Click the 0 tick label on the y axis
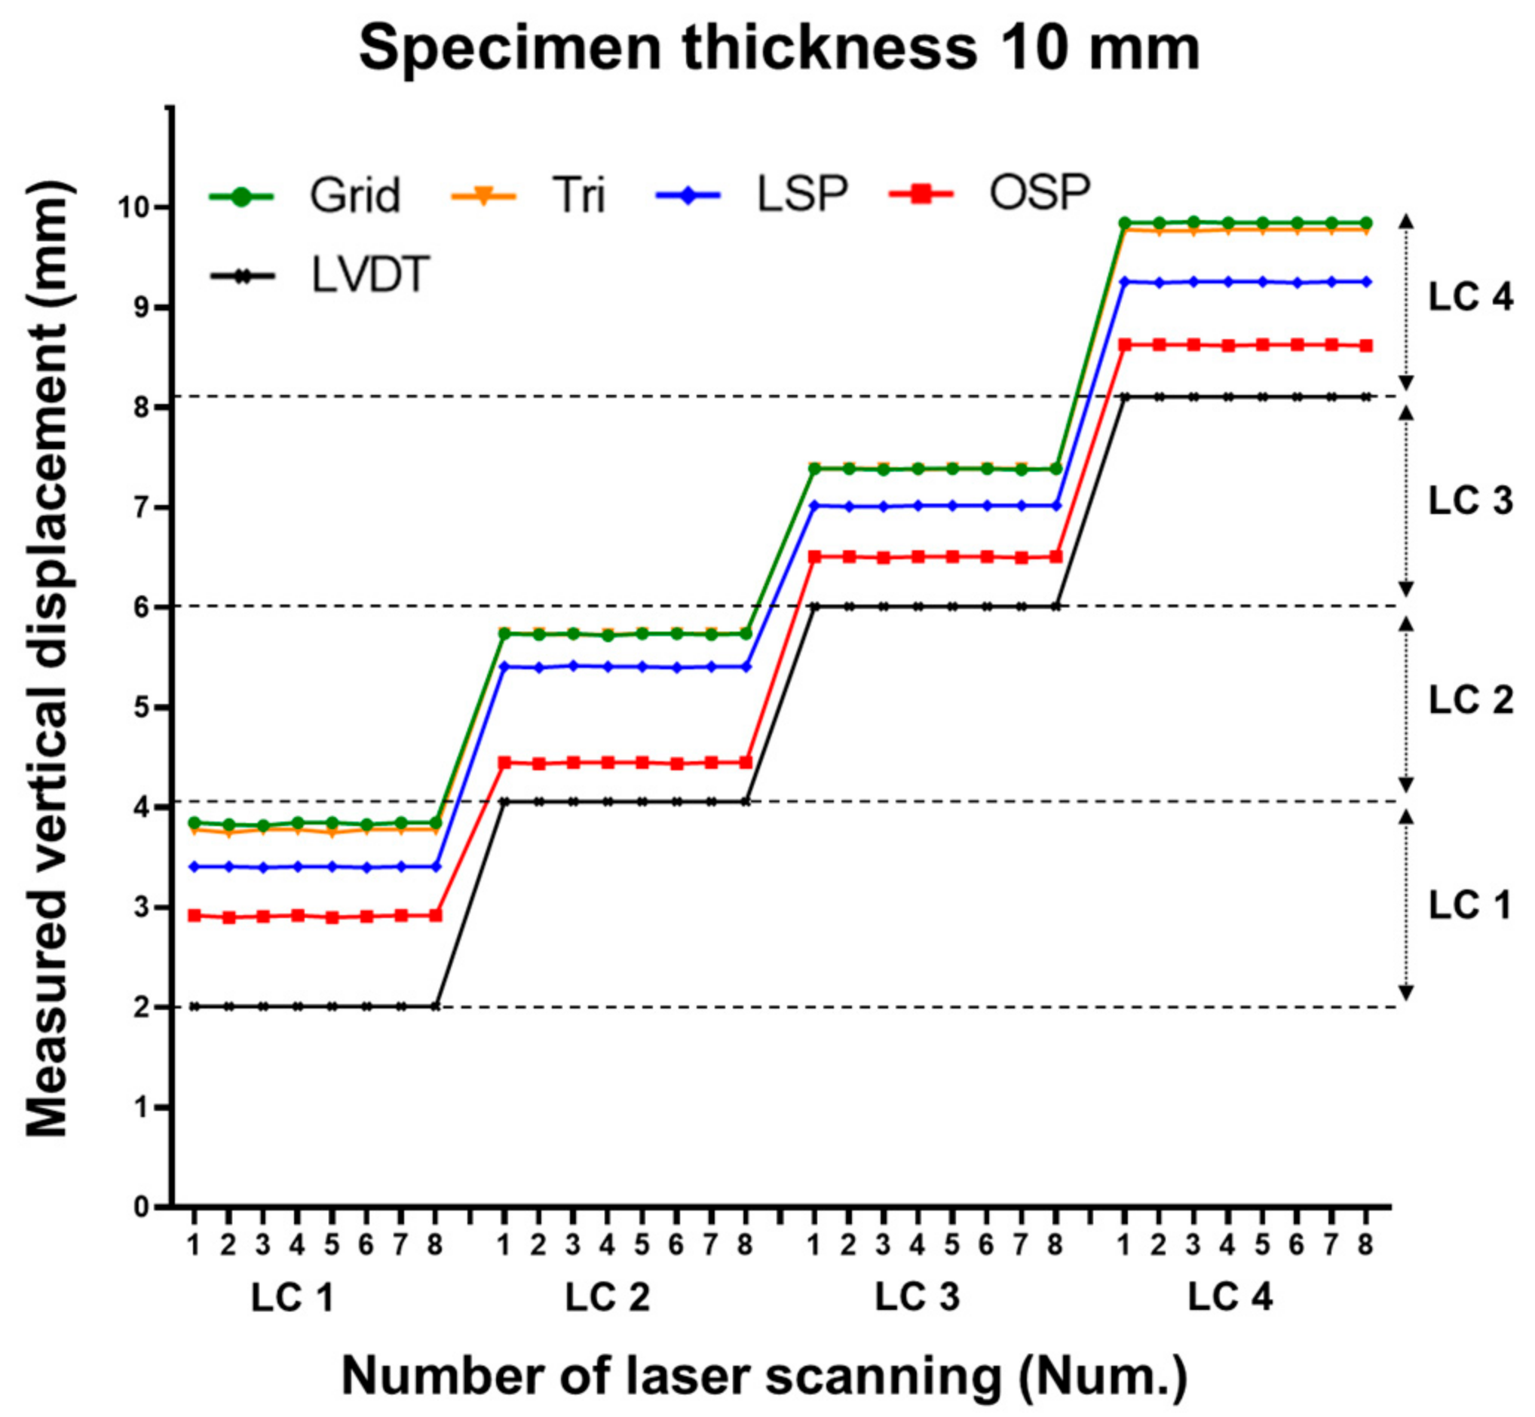(x=141, y=1207)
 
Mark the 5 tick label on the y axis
(x=141, y=708)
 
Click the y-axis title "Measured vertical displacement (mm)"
(x=49, y=660)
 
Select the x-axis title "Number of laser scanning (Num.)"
(x=764, y=1376)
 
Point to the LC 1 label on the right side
(x=1468, y=905)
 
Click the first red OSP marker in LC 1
(x=194, y=916)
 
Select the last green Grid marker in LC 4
(x=1365, y=223)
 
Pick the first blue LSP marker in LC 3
(x=815, y=505)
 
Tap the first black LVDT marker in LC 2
(x=504, y=802)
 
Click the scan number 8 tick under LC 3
(x=1055, y=1244)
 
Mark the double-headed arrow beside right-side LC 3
(x=1405, y=500)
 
